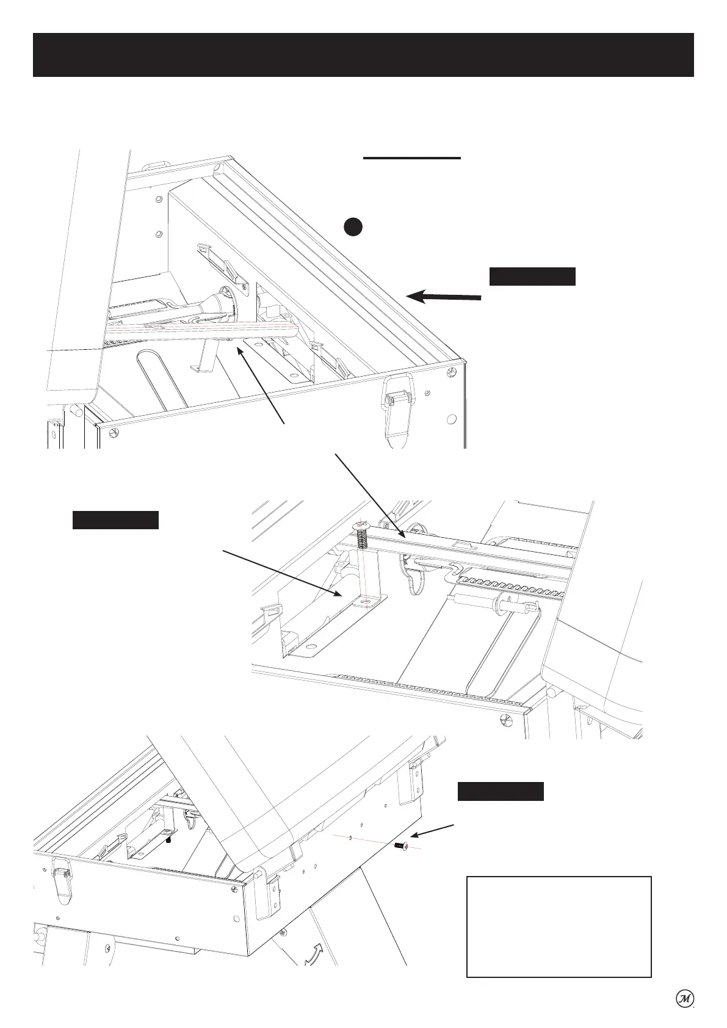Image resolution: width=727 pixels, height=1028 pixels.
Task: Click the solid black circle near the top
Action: pos(352,226)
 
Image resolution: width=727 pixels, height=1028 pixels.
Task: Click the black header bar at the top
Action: pos(363,55)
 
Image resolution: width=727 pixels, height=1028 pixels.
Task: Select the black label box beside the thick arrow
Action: pos(532,277)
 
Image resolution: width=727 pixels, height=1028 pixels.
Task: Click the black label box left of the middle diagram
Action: pos(116,520)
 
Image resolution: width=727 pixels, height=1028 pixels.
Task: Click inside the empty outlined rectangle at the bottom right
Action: pos(559,927)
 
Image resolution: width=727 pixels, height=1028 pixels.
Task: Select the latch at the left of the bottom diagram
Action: pos(62,880)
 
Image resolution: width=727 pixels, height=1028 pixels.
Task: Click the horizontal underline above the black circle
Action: pos(411,158)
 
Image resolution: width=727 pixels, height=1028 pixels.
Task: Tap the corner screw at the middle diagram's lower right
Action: pos(505,719)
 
